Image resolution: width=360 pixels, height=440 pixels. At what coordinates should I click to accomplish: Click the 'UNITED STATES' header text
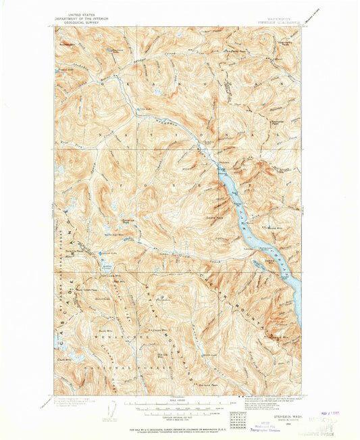(x=76, y=14)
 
